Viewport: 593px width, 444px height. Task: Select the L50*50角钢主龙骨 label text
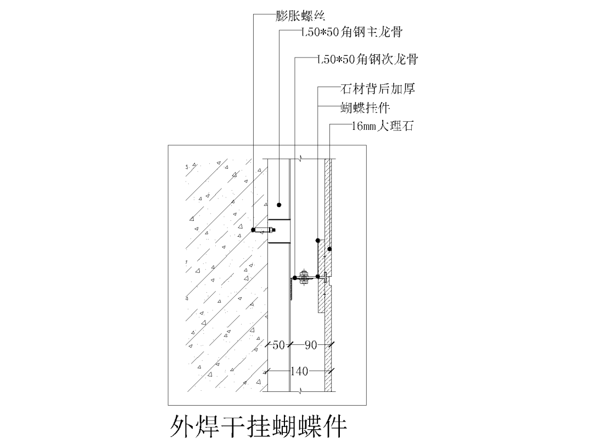[x=351, y=32]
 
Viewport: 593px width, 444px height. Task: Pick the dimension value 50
[x=278, y=345]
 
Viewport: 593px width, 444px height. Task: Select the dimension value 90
[x=311, y=345]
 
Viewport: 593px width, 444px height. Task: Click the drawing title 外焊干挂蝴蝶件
[x=258, y=425]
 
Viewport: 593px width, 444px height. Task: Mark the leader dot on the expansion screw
[x=253, y=230]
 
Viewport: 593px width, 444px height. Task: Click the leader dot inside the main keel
[x=279, y=204]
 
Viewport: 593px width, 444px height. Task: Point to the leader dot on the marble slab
[x=329, y=249]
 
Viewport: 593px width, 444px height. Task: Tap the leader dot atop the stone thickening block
[x=318, y=240]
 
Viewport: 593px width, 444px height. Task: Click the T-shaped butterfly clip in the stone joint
[x=326, y=277]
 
